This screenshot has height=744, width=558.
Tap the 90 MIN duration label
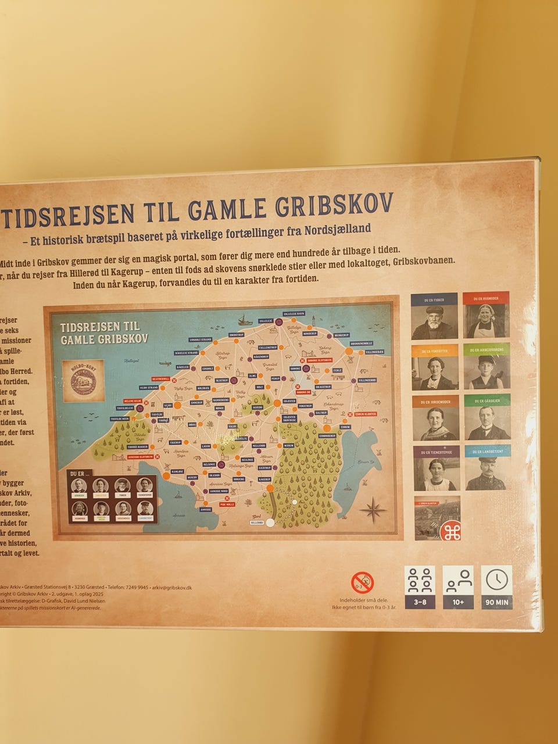tap(496, 602)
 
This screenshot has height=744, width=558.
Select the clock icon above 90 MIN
tap(496, 580)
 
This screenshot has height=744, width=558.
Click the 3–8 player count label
tap(420, 602)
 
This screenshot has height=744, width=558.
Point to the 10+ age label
tap(458, 602)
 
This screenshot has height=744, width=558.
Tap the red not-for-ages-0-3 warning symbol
tap(362, 582)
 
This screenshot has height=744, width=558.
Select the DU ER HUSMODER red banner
tap(486, 299)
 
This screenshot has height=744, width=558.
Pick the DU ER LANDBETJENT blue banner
tap(488, 452)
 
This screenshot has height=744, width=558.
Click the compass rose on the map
tap(373, 510)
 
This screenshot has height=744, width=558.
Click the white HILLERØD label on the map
tap(256, 523)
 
